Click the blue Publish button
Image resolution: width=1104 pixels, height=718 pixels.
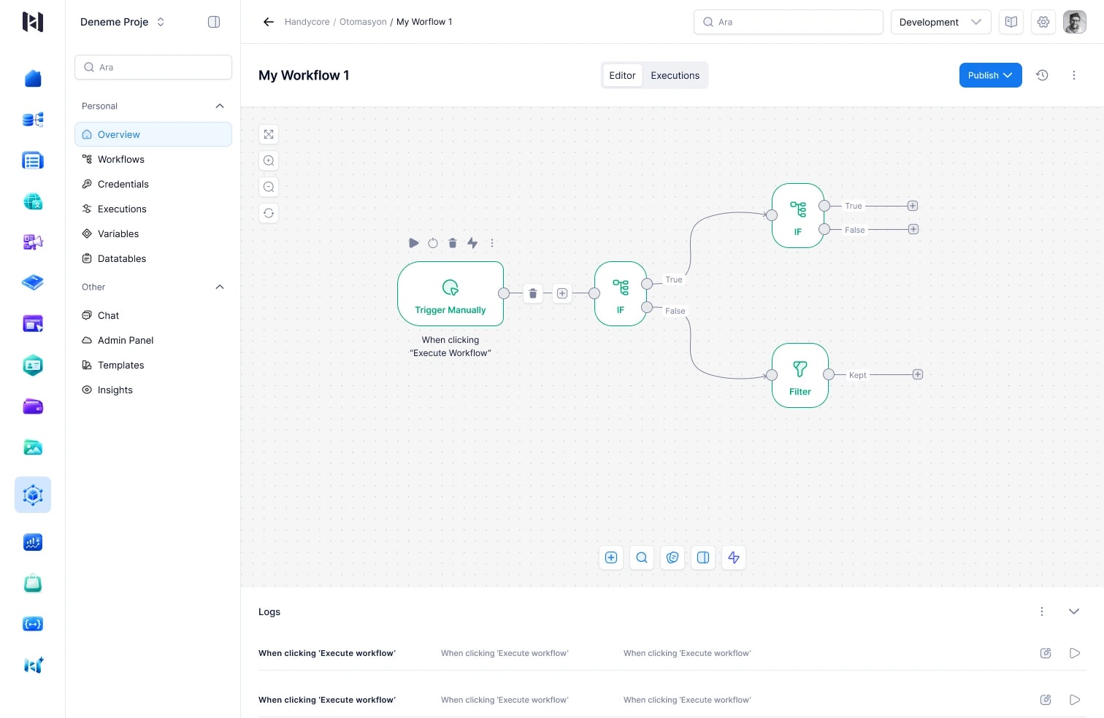(990, 75)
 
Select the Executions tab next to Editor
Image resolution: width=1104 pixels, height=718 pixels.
(675, 75)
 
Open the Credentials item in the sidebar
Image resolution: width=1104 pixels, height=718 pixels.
(123, 184)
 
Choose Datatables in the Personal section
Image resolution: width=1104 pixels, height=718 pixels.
(121, 258)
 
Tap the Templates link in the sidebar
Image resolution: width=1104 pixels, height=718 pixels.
(120, 365)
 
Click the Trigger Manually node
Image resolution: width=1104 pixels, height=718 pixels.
(450, 293)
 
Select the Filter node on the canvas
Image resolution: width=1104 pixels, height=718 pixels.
(800, 375)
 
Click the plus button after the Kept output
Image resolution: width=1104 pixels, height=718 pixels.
(917, 375)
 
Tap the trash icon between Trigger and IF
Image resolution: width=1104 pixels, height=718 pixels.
(533, 293)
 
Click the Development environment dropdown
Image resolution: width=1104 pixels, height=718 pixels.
(940, 22)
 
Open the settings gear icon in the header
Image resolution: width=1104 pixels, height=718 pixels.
(1043, 22)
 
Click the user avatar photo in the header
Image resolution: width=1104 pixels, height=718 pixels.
(1075, 22)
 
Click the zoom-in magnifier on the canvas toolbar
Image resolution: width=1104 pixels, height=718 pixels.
(269, 161)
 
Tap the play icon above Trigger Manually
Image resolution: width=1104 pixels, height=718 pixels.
(413, 243)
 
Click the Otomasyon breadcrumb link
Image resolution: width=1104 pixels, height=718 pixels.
(363, 22)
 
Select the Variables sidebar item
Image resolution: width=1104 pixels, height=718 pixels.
(118, 234)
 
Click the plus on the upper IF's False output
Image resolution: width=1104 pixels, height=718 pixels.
(913, 230)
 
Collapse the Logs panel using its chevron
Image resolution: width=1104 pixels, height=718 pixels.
(1074, 611)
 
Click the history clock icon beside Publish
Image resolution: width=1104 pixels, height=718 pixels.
(1042, 75)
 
